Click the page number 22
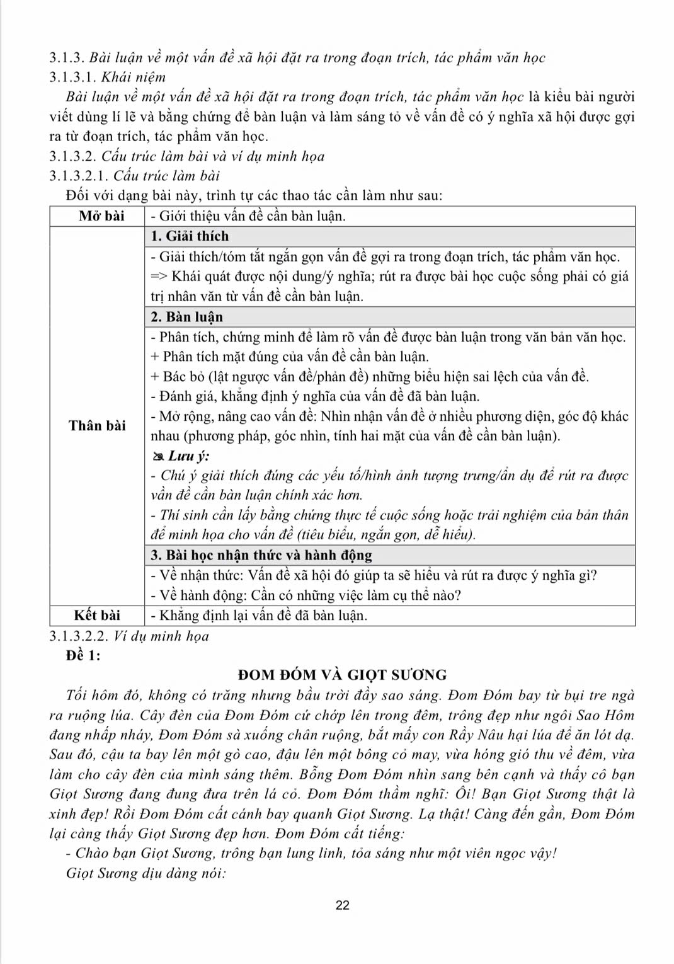tap(343, 905)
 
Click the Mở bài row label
tap(101, 216)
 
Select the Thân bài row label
tap(97, 426)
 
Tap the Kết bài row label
tap(97, 615)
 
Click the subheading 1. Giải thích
tap(190, 236)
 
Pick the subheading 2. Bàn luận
tap(186, 317)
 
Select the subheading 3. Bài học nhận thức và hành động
tap(261, 555)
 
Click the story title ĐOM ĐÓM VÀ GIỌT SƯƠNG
tap(342, 675)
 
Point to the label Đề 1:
tap(83, 655)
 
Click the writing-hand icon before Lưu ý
tap(157, 456)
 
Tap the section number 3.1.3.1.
tap(73, 77)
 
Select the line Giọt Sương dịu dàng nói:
tap(146, 873)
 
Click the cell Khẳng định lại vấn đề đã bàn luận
tap(259, 615)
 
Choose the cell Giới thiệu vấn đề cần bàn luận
tap(248, 216)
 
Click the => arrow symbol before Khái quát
tap(159, 277)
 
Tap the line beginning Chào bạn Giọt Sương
tap(311, 853)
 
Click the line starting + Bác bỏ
tap(370, 377)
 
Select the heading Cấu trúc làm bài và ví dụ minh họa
tap(213, 156)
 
